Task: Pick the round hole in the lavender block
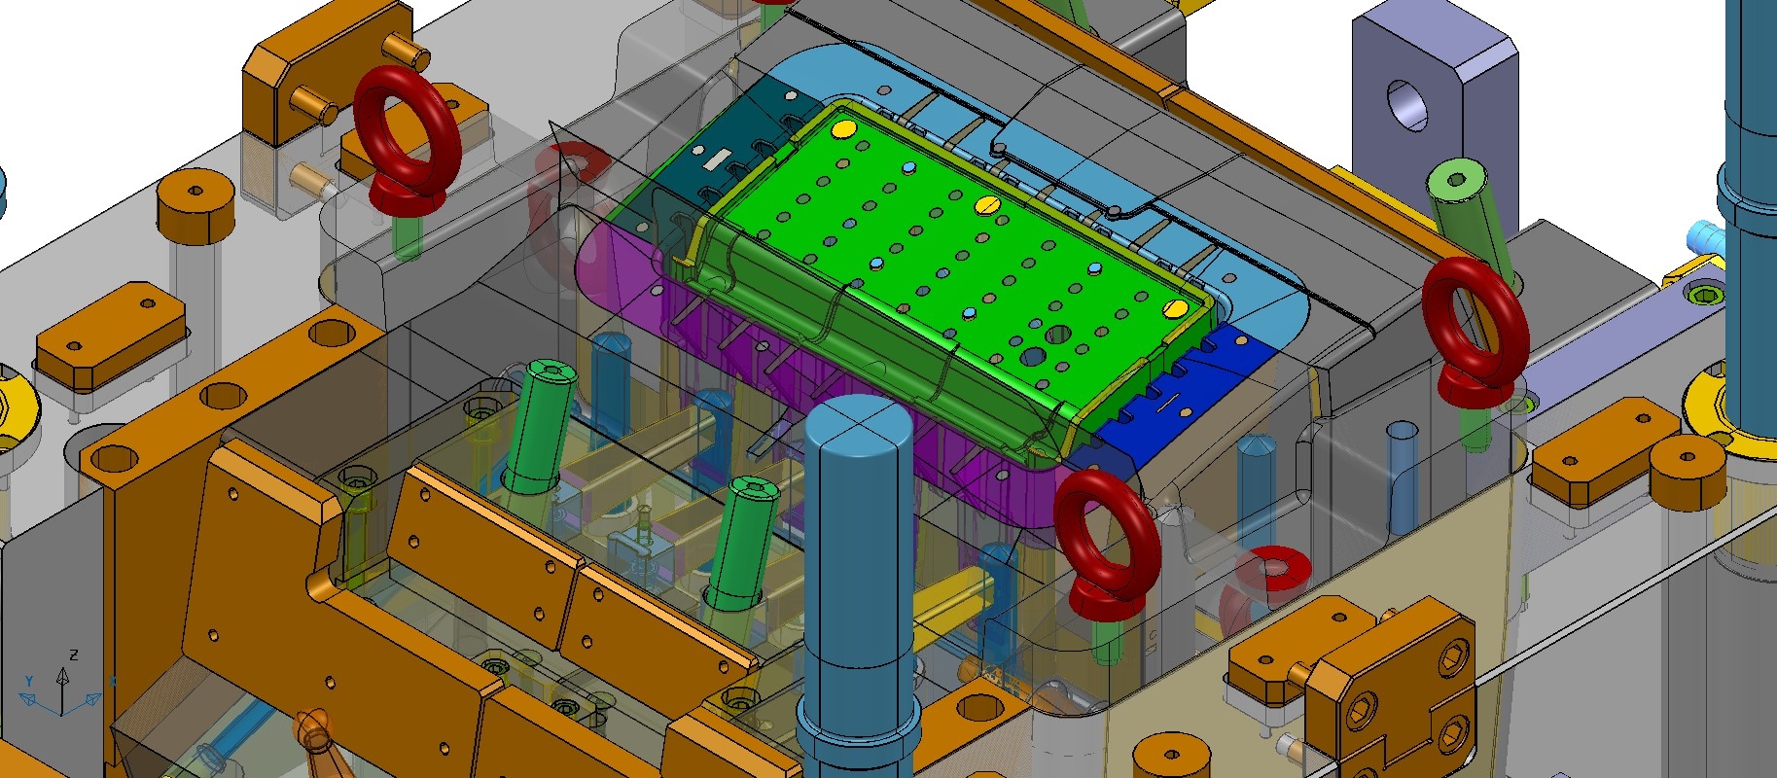(x=1407, y=104)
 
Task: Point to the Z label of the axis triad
(x=74, y=655)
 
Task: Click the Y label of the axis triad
(x=29, y=681)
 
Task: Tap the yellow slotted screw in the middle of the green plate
(x=986, y=204)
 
